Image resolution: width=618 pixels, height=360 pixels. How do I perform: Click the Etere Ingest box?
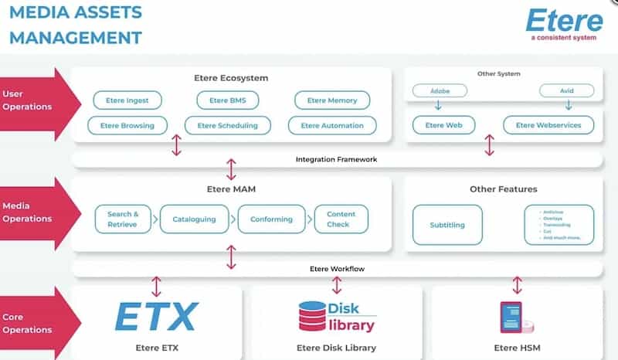[x=127, y=100]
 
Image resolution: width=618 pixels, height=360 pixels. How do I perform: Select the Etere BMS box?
[x=222, y=100]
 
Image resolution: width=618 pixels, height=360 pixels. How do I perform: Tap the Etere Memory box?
[x=332, y=100]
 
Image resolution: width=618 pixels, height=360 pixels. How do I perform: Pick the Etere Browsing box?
[x=127, y=125]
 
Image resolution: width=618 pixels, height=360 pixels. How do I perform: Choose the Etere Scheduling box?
[x=227, y=125]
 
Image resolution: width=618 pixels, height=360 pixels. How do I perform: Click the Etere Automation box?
[x=332, y=125]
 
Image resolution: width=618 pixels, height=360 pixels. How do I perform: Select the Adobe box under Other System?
[x=439, y=90]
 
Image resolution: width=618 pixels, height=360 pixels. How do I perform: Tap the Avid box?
[x=567, y=90]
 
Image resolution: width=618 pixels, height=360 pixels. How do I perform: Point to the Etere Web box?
[x=443, y=125]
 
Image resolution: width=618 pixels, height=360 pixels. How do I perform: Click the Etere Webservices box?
[x=548, y=125]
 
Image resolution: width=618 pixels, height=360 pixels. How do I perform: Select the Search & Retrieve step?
[x=124, y=219]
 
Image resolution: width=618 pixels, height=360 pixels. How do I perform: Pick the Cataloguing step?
[x=194, y=219]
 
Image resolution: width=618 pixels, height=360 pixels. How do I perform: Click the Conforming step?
[x=271, y=219]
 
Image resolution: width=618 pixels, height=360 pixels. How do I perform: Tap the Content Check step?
[x=341, y=219]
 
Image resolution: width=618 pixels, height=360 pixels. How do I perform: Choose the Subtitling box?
[x=447, y=225]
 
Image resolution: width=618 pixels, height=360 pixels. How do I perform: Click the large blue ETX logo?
[x=157, y=318]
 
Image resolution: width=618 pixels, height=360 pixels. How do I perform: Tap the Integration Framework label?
[x=336, y=160]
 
